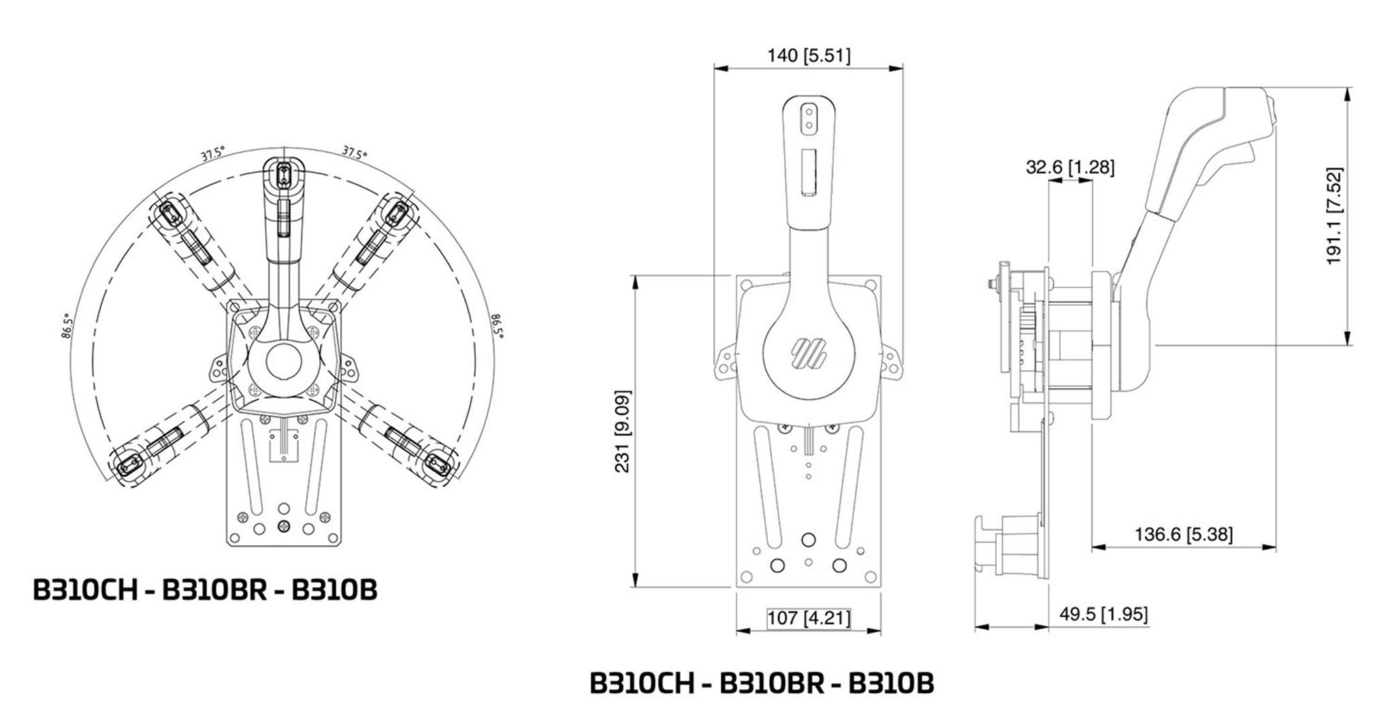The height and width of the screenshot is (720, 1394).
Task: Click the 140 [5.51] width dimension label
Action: tap(809, 55)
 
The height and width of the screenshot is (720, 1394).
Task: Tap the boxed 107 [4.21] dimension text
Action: tap(809, 618)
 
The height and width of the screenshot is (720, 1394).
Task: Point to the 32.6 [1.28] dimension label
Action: tap(1070, 167)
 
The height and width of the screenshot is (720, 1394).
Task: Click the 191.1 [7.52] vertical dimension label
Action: tap(1335, 216)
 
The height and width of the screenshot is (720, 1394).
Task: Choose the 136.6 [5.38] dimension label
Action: tap(1183, 534)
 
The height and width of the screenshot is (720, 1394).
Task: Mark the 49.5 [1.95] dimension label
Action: tap(1103, 615)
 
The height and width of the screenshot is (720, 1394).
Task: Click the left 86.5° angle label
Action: tap(66, 326)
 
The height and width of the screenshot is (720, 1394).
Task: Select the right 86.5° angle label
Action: tap(498, 325)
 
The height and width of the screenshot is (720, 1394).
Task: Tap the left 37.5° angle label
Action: tap(212, 154)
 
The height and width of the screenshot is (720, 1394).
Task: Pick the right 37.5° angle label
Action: tap(354, 152)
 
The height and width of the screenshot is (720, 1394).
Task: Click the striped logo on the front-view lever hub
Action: tap(808, 353)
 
